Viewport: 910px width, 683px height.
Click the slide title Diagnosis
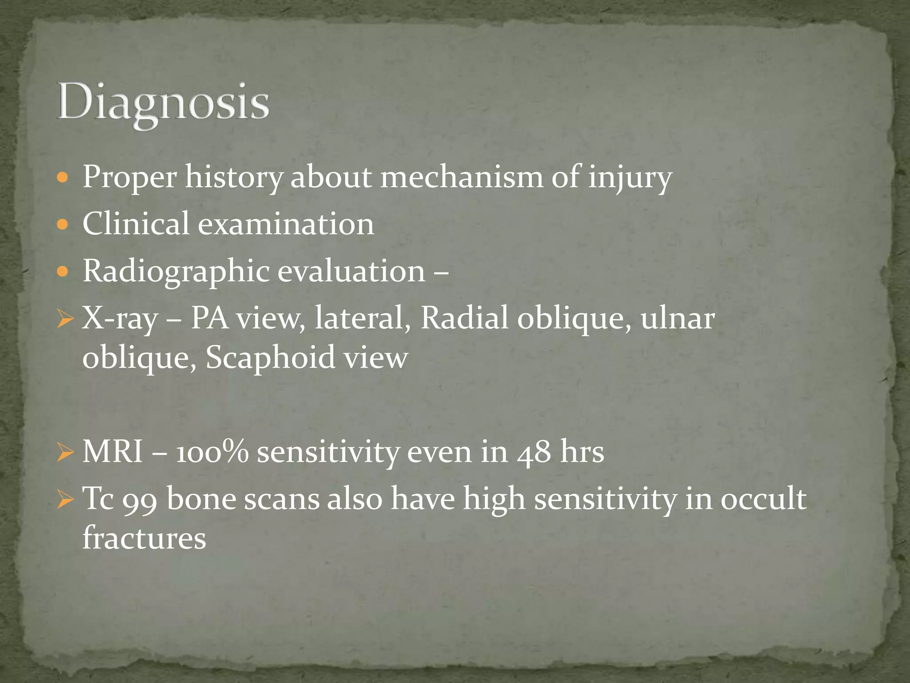click(x=163, y=103)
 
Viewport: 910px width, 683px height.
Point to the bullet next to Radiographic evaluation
click(x=63, y=271)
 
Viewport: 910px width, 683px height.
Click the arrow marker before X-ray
click(x=65, y=319)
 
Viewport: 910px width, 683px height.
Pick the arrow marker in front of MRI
click(x=65, y=453)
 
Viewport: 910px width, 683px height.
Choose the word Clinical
click(x=136, y=224)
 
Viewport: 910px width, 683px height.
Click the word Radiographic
click(x=176, y=271)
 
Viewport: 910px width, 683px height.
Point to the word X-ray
click(x=120, y=319)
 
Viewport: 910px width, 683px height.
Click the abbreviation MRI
click(x=113, y=452)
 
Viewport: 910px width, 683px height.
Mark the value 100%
click(x=212, y=452)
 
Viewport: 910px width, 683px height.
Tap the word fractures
click(x=144, y=538)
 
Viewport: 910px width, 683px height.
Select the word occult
click(x=763, y=499)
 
